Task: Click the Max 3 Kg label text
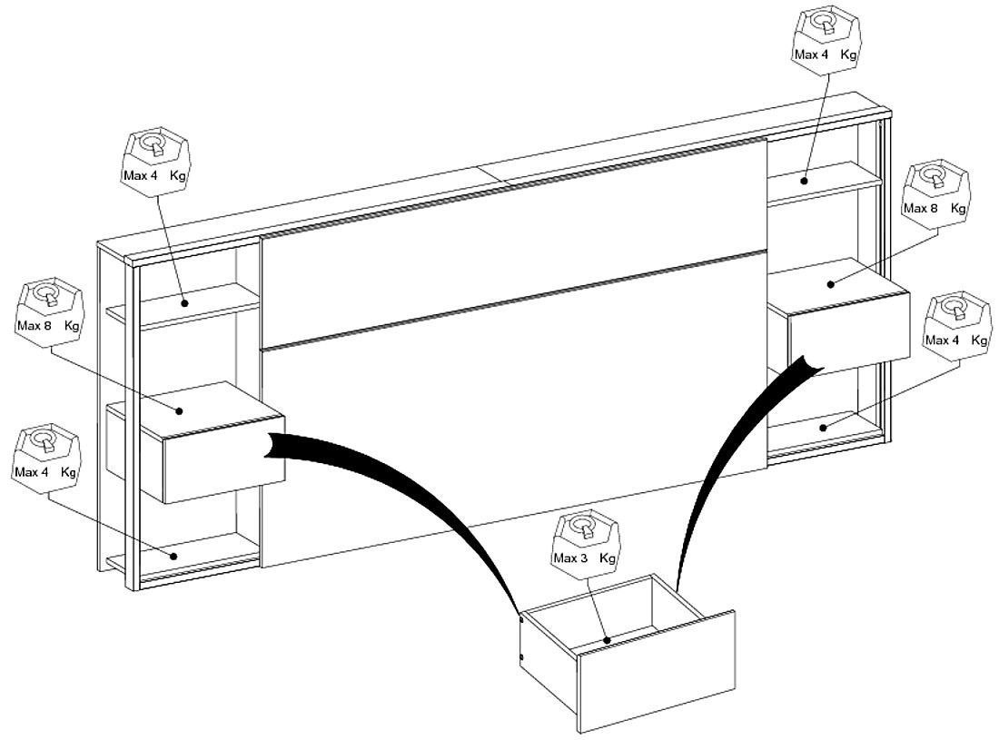click(x=584, y=558)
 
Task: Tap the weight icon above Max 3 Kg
click(x=585, y=528)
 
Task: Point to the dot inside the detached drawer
click(x=608, y=640)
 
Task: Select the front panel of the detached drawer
click(x=657, y=671)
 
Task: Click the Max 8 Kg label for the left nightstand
click(x=48, y=326)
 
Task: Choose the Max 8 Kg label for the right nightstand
click(x=934, y=208)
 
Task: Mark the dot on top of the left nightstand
click(x=180, y=411)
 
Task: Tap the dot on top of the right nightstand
click(x=831, y=284)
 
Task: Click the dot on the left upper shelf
click(x=184, y=303)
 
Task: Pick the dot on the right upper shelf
click(x=805, y=181)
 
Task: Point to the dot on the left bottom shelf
click(x=174, y=556)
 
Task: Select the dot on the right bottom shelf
click(x=823, y=428)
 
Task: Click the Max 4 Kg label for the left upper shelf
click(x=154, y=175)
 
